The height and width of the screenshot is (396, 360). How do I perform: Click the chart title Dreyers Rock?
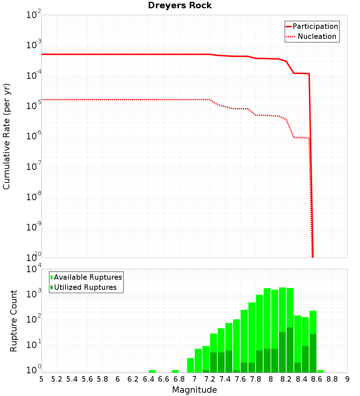pos(180,6)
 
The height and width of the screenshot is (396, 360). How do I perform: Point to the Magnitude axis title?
pos(194,390)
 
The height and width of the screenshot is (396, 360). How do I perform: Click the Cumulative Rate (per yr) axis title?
pos(6,136)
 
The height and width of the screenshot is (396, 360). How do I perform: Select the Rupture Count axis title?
pos(14,321)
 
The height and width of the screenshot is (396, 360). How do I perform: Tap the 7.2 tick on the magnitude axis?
pos(210,379)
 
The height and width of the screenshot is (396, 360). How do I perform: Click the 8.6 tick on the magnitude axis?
pos(317,379)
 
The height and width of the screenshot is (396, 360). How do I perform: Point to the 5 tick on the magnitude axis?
pos(41,379)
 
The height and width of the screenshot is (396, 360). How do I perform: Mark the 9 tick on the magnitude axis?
pos(347,379)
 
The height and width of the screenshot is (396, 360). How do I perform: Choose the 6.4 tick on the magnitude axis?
pos(148,379)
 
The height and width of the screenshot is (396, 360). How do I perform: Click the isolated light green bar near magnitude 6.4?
pos(152,371)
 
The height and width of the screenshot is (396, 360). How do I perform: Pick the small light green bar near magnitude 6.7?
pos(175,371)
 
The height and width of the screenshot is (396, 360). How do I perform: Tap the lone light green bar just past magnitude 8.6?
pos(320,371)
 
